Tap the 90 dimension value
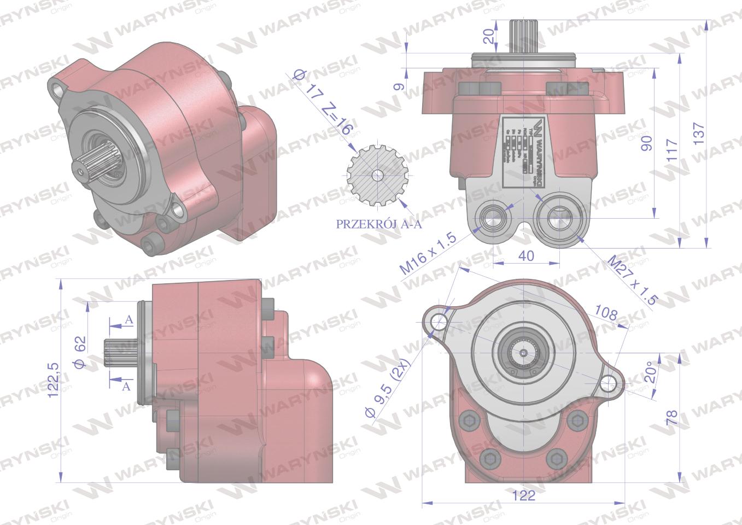coord(647,144)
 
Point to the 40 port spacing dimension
coord(526,255)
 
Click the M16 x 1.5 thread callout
coord(428,255)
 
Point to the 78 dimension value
coord(672,417)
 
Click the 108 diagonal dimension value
coord(605,314)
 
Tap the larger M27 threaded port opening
coord(554,214)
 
